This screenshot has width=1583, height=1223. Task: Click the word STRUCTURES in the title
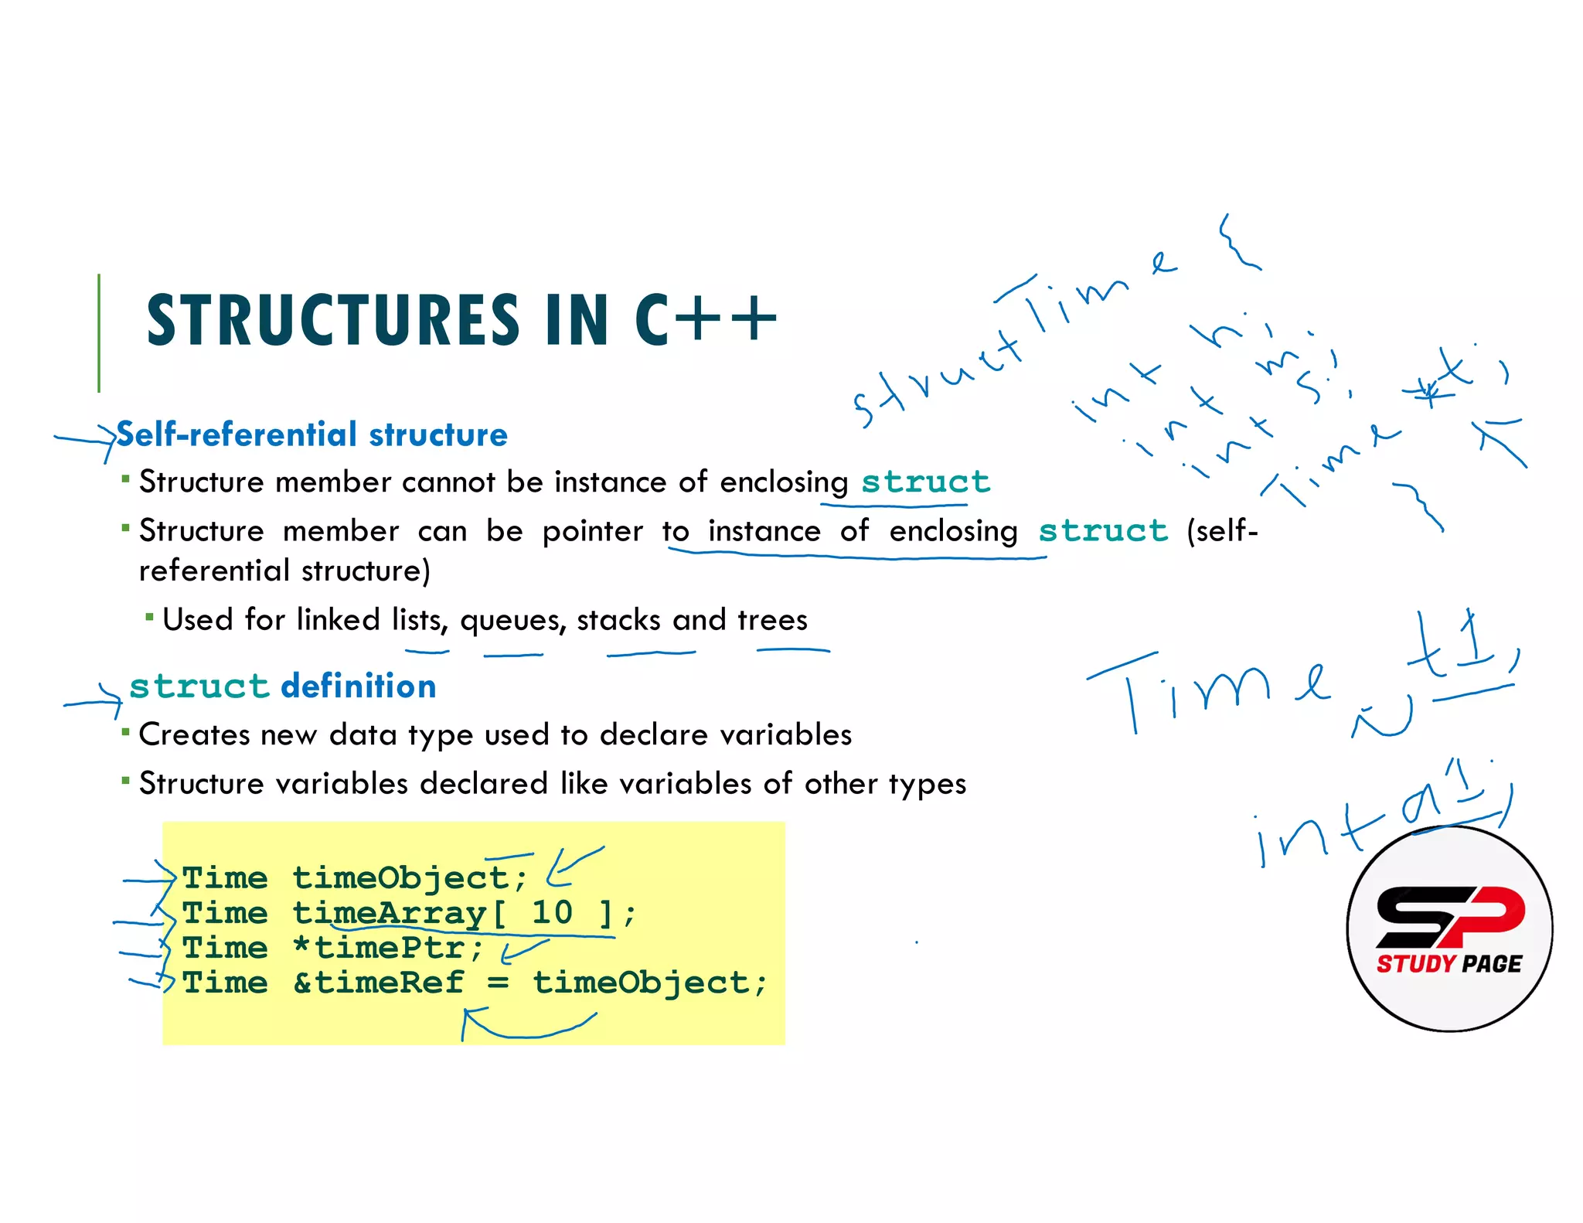click(x=333, y=320)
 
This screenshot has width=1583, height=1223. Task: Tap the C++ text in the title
click(x=705, y=320)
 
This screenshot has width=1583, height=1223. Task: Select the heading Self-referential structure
click(x=311, y=434)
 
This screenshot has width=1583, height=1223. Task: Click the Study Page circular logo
click(x=1449, y=928)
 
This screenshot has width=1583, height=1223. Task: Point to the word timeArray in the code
click(x=389, y=913)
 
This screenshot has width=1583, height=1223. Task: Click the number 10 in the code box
click(x=552, y=913)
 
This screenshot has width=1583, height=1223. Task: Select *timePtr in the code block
click(x=388, y=948)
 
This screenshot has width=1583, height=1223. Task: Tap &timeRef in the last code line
click(x=379, y=983)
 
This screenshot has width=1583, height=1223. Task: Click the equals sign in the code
click(x=499, y=983)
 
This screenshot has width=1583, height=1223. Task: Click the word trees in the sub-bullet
click(x=772, y=620)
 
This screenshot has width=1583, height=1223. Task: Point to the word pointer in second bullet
click(x=592, y=531)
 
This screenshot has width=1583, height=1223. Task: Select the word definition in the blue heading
click(x=359, y=686)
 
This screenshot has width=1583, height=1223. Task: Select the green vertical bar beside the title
click(x=99, y=332)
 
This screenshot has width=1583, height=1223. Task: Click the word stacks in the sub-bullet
click(x=618, y=620)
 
